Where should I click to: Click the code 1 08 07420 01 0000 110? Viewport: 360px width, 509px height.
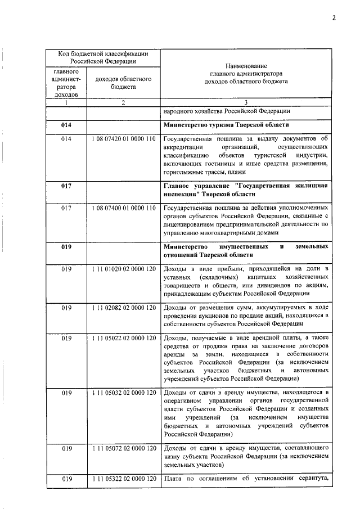click(123, 139)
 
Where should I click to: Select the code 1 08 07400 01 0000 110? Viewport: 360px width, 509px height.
click(123, 208)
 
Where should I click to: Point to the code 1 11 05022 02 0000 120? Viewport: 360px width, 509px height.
click(123, 339)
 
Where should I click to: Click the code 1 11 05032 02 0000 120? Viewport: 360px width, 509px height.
click(123, 391)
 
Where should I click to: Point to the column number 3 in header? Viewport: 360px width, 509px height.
click(246, 102)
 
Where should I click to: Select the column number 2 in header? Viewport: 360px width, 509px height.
click(123, 102)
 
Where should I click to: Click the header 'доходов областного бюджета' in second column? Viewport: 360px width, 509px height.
click(123, 83)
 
